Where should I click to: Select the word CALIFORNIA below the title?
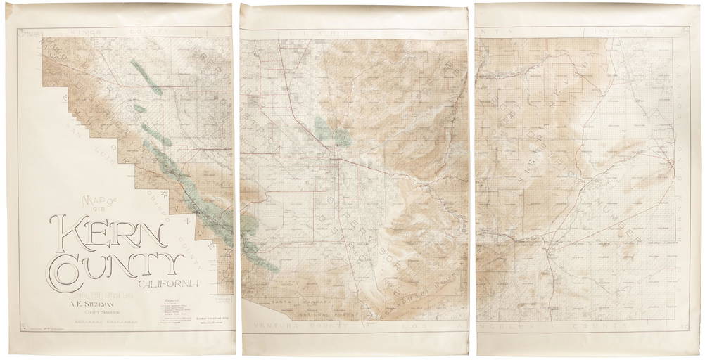(x=172, y=283)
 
